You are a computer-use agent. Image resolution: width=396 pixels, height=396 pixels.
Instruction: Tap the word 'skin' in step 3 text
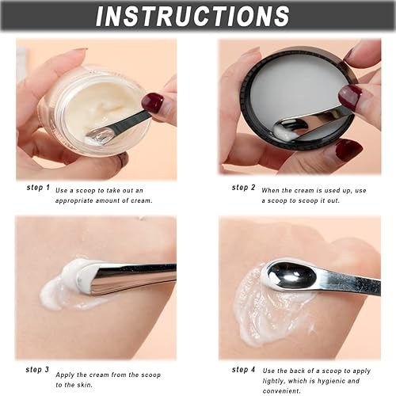[x=96, y=383]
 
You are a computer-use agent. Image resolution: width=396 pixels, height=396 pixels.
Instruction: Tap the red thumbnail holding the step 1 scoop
[x=152, y=102]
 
